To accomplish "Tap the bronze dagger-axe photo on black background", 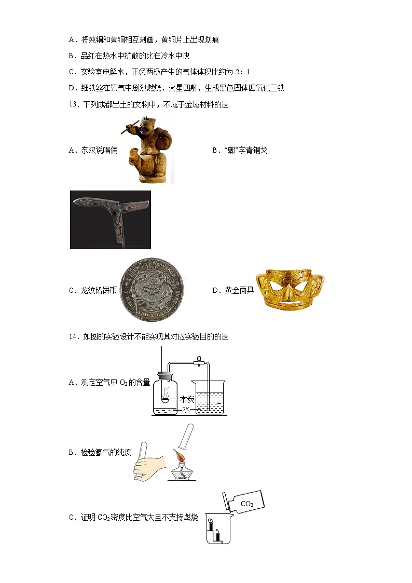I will pos(110,220).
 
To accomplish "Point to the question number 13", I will pos(73,104).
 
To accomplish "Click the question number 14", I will pos(73,336).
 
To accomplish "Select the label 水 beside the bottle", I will pos(186,409).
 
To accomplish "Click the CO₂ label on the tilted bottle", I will pos(247,504).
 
